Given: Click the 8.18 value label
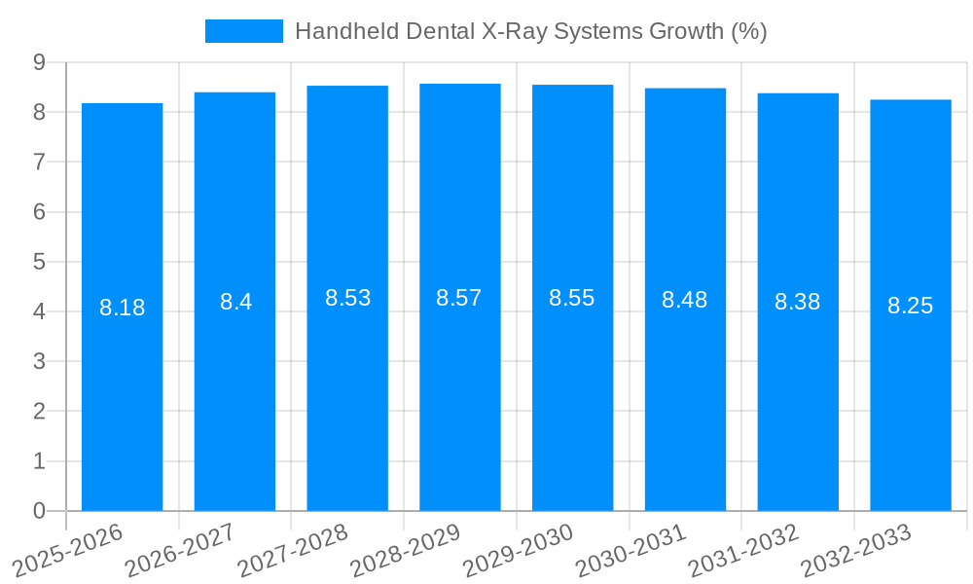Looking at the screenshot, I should pos(122,309).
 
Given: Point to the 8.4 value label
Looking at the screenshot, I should pos(235,303).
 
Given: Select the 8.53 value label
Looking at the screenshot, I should pos(347,299).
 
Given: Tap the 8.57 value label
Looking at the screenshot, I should pos(459,299).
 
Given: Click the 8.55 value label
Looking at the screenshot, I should pos(572,299).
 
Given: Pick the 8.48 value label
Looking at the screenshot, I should pos(685,301).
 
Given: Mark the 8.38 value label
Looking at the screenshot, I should pos(797,303).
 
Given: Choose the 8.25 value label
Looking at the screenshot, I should pos(910,307).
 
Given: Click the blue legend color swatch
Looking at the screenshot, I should pos(243,31).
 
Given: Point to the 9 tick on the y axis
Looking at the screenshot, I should pos(39,62).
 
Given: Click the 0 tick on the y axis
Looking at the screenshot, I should pos(39,511).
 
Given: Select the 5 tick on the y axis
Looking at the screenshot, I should pos(39,262).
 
